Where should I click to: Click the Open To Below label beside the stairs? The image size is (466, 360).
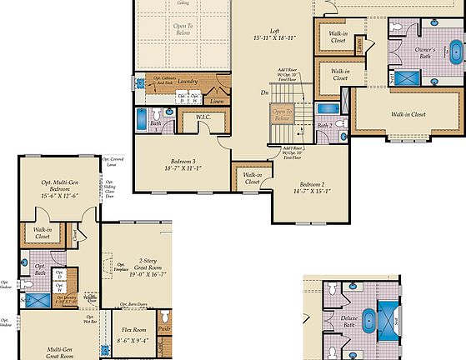[x=283, y=116]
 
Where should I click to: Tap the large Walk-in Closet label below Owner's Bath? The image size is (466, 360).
[x=408, y=114]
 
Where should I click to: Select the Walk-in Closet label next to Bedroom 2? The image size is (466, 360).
[x=252, y=180]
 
